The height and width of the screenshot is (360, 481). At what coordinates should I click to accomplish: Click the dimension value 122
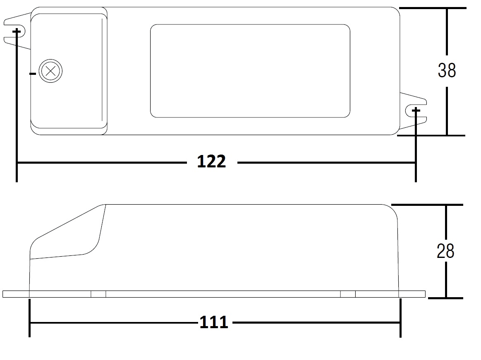coord(211,162)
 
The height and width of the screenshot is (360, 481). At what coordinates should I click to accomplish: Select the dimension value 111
coord(214,322)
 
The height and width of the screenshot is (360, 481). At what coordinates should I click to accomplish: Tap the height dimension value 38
coord(447,70)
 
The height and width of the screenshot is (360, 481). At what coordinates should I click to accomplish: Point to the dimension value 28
coord(445,251)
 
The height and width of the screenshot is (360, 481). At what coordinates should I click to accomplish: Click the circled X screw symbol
coord(50,71)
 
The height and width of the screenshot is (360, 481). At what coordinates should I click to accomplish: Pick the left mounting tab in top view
coord(17,31)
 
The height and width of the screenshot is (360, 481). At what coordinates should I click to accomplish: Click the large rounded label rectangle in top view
coord(250,71)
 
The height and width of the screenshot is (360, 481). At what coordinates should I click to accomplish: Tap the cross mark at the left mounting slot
coord(17,31)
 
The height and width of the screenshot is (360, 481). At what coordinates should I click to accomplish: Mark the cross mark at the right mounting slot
coord(416,110)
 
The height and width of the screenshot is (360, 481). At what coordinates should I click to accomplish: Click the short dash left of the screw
coord(33,74)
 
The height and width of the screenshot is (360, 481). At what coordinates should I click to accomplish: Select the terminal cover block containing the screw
coord(69,71)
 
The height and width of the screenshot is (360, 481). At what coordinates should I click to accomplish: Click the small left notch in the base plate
coord(98,294)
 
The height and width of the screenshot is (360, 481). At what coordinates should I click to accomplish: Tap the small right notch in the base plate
coord(348,294)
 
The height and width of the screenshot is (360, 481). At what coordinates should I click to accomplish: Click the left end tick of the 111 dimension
coord(29,318)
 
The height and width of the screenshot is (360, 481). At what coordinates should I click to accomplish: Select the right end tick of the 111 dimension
coord(400,318)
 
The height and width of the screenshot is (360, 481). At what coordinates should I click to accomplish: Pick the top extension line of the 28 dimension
coord(427,205)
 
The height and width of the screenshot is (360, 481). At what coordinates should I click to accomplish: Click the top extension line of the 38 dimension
coord(433,8)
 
